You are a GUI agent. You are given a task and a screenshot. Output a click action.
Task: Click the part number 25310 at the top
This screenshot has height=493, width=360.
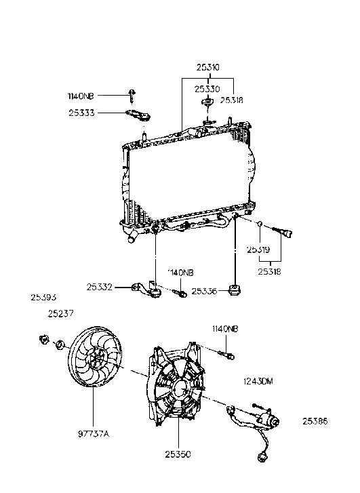[x=207, y=68]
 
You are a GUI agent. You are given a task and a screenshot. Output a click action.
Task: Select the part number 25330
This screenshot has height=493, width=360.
[x=207, y=88]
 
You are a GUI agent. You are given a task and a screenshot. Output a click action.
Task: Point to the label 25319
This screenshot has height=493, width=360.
[x=258, y=250]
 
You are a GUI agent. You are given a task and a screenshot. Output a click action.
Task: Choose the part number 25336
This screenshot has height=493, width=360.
[x=205, y=291]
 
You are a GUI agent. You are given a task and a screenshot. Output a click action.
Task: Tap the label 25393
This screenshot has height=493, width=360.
[x=43, y=296]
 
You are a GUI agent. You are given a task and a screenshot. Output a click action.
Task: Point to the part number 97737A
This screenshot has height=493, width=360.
[x=92, y=429]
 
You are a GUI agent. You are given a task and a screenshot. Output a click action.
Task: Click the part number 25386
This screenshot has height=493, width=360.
[x=316, y=421]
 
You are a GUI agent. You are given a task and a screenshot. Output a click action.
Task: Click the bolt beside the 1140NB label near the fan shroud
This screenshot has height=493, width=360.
[x=228, y=354]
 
